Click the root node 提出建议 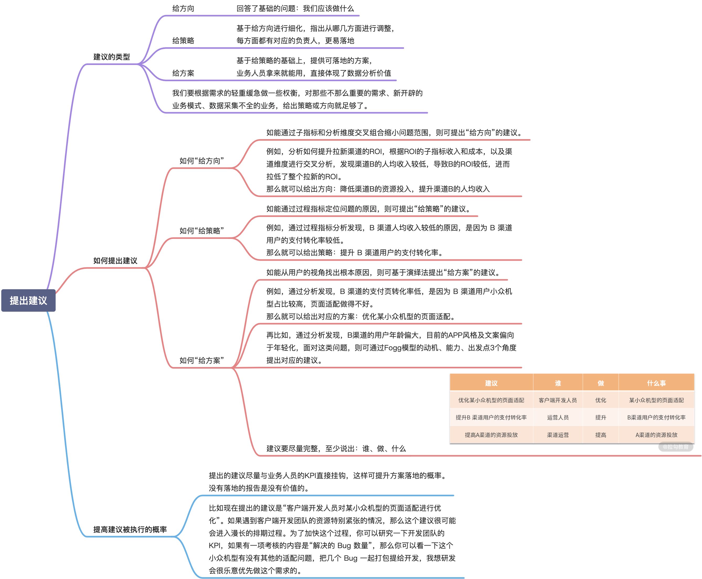28,301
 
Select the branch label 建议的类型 111,57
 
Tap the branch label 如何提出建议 115,260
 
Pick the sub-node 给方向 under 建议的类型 183,8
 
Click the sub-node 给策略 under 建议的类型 183,41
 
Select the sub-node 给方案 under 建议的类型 183,73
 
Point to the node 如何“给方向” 201,161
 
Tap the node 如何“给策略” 201,231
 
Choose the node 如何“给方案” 201,360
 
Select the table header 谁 558,383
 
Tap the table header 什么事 656,383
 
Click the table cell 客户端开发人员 558,400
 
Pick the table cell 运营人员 558,417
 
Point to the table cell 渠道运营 558,435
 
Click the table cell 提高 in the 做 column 600,435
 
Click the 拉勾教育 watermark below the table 676,447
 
